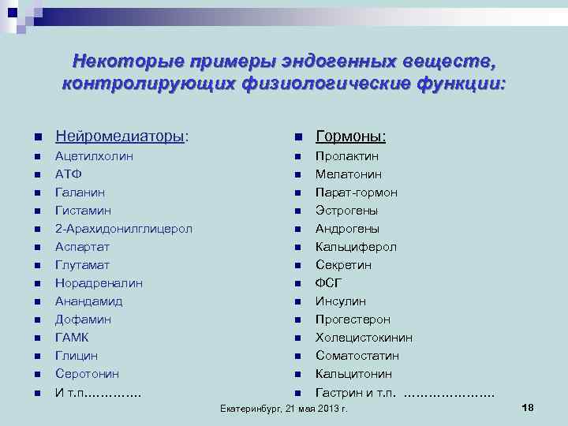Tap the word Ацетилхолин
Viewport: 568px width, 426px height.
(x=94, y=156)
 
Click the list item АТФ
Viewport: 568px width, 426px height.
(x=69, y=174)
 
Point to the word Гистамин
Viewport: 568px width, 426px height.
(x=83, y=211)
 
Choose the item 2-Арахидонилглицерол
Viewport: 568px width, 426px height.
(x=124, y=229)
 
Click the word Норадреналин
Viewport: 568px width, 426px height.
(x=99, y=283)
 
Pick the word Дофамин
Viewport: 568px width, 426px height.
(x=83, y=319)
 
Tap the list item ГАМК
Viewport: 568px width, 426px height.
(x=72, y=338)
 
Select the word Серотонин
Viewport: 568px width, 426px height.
(x=87, y=374)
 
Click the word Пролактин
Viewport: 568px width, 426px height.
(x=347, y=156)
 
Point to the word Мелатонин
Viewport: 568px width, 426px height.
(x=349, y=174)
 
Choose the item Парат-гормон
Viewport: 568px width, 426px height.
(x=357, y=192)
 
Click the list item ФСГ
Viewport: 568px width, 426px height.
(x=329, y=283)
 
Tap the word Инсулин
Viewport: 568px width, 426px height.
(x=342, y=301)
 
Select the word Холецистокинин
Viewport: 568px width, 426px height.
(x=364, y=338)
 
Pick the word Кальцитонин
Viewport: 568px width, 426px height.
(x=353, y=374)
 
